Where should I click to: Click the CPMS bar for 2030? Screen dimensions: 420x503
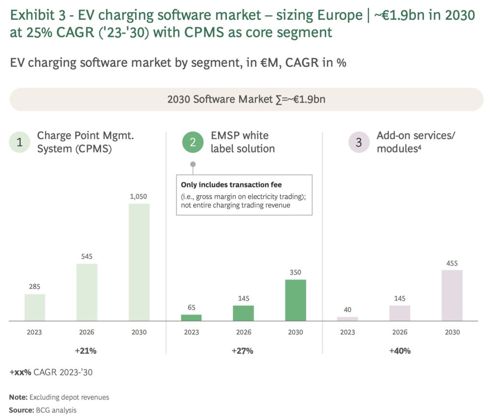tap(139, 262)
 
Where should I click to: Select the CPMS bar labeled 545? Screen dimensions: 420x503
tap(87, 292)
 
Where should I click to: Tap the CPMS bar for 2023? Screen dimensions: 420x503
tap(34, 307)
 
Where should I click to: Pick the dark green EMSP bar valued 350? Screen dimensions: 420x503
tap(295, 300)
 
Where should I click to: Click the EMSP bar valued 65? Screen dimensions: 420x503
tap(191, 318)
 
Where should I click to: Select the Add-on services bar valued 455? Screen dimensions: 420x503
tap(452, 295)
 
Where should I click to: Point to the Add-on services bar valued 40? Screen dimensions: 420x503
tap(347, 319)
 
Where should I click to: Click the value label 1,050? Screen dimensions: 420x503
tap(139, 196)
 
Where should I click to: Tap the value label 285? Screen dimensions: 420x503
tap(34, 287)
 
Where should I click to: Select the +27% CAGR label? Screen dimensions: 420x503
tap(243, 351)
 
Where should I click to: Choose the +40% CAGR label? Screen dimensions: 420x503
tap(399, 351)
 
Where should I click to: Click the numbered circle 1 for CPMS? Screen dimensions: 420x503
tap(20, 143)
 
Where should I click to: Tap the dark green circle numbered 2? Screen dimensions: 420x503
tap(193, 143)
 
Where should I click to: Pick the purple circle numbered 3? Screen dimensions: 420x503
tap(359, 143)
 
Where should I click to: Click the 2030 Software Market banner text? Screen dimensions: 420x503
tap(246, 99)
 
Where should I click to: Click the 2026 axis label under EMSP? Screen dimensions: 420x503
tap(243, 332)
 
